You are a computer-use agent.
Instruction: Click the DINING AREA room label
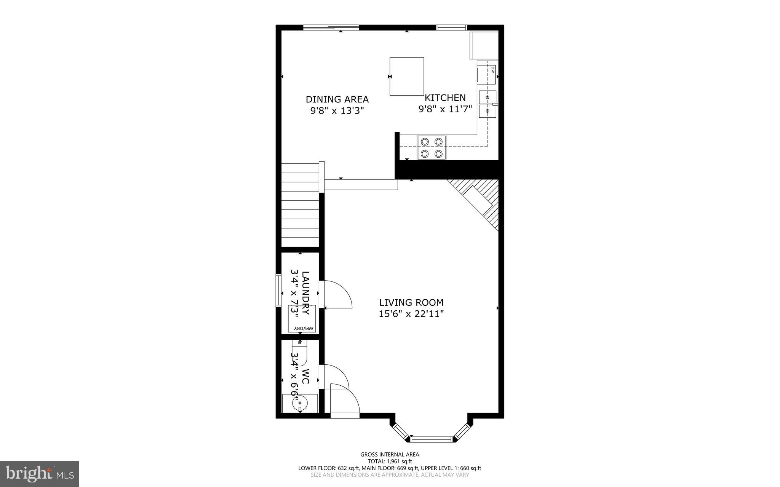337,99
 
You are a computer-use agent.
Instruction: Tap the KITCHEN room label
445,98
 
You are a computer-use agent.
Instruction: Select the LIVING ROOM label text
411,303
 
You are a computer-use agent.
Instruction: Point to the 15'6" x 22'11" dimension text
411,314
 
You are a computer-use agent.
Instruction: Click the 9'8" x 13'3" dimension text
337,111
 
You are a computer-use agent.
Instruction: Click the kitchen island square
407,77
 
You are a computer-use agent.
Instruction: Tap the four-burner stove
432,147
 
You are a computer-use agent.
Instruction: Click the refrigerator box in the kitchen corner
484,45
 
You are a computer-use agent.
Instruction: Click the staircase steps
300,206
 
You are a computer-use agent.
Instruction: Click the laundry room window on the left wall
278,290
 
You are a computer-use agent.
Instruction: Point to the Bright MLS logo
40,474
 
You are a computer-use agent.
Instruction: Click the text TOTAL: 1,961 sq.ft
390,461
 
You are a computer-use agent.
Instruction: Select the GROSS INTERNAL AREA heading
390,454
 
